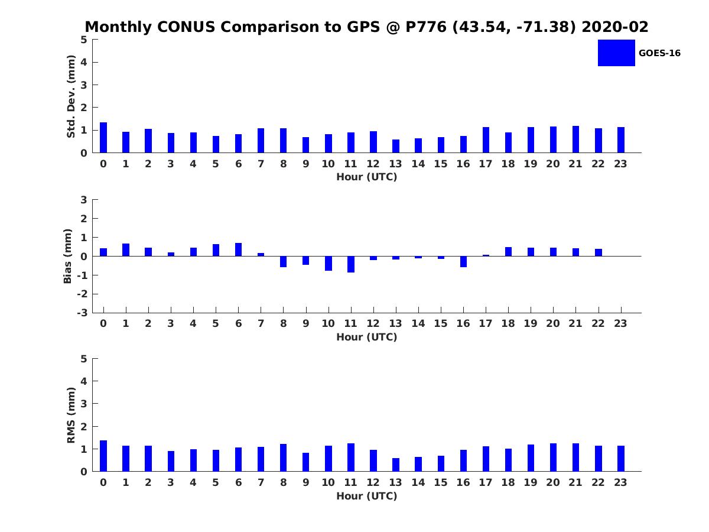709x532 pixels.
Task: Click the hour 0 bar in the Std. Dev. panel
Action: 103,138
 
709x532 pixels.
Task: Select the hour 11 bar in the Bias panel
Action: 351,264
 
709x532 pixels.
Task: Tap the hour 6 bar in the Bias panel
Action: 238,249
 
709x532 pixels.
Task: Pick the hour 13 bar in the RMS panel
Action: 396,465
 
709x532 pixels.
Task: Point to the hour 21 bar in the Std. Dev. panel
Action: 575,140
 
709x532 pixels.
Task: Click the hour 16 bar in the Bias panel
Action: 463,261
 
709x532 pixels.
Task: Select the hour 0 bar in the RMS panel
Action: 103,456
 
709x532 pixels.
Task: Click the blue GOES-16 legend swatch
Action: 616,53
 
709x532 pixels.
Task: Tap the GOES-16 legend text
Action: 659,53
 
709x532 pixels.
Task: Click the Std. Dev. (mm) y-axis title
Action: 71,96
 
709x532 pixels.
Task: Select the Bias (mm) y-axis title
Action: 67,256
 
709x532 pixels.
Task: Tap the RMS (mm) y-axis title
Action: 71,415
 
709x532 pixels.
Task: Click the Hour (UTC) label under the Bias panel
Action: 366,337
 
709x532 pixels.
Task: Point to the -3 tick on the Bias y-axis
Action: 83,313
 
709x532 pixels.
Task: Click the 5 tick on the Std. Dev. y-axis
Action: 84,40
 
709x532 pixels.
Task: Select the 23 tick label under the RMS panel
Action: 620,482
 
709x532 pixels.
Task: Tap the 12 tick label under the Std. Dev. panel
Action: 373,164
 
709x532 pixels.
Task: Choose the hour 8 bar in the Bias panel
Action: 283,261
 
